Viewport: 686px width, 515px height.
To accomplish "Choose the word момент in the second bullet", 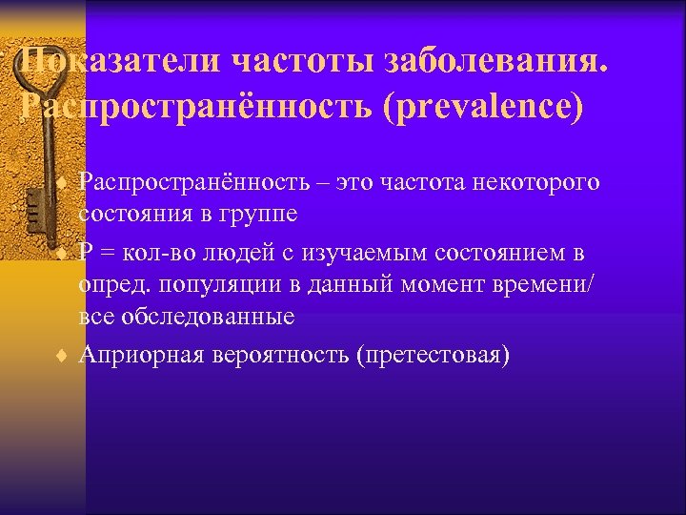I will [454, 284].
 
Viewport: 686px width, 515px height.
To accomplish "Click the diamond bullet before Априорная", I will [60, 356].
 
